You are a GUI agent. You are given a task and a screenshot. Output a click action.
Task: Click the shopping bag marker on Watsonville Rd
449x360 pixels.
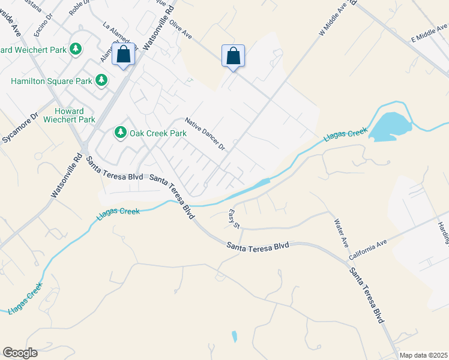click(123, 55)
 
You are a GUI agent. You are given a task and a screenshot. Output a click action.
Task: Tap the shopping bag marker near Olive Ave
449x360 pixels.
click(234, 56)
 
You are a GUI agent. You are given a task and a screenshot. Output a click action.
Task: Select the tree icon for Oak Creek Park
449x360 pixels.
click(121, 132)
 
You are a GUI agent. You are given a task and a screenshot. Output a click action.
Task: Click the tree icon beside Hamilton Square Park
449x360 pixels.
click(101, 80)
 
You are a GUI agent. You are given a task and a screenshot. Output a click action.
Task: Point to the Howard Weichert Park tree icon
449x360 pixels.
click(76, 49)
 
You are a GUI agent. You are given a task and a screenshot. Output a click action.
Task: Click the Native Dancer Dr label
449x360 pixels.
click(205, 134)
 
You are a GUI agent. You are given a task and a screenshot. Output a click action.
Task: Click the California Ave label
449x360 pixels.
click(368, 251)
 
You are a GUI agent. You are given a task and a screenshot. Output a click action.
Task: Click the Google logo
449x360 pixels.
click(20, 353)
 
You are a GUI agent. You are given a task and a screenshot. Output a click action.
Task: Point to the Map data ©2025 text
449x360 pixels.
click(423, 355)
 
